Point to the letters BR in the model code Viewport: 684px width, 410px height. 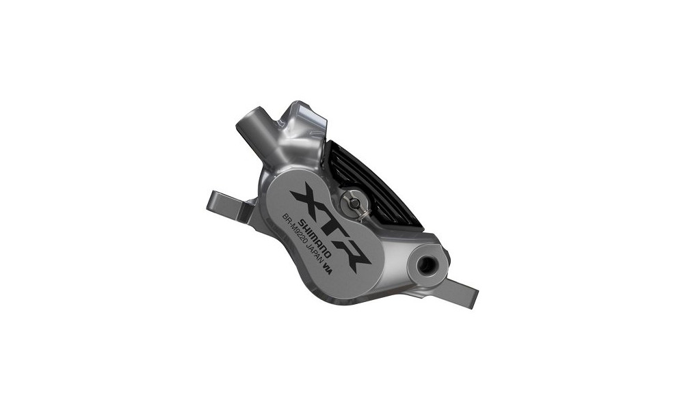[x=287, y=219]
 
